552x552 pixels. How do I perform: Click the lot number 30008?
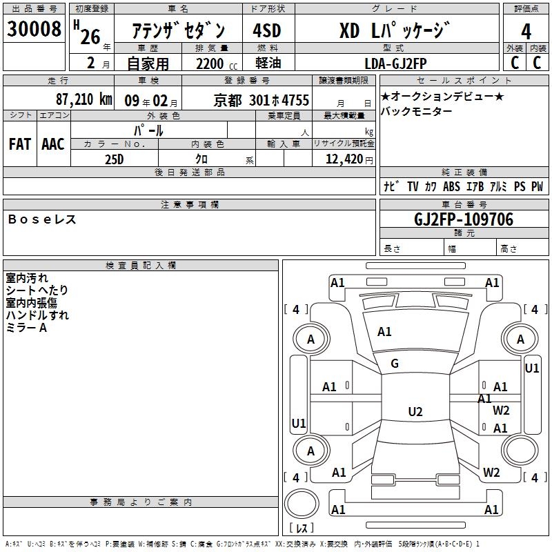(34, 28)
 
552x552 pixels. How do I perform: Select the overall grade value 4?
(526, 32)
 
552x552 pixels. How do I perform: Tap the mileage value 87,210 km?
(83, 99)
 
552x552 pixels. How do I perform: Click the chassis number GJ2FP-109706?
(464, 219)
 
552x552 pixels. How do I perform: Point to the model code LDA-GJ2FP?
(395, 63)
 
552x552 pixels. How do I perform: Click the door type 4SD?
(267, 30)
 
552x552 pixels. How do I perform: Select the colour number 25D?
(114, 159)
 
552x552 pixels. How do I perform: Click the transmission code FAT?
(20, 144)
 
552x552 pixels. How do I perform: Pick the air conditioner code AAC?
(53, 144)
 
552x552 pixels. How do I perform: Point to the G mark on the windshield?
(395, 364)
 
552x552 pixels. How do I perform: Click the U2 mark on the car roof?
(415, 411)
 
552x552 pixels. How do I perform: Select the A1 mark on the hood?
(384, 332)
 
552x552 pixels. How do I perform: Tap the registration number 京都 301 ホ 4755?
(262, 101)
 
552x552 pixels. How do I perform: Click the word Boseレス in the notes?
(42, 219)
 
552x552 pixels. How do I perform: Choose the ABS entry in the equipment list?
(451, 186)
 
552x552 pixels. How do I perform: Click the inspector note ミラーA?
(26, 328)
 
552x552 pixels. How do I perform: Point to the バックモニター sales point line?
(416, 111)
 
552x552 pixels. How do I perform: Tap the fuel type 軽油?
(268, 63)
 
